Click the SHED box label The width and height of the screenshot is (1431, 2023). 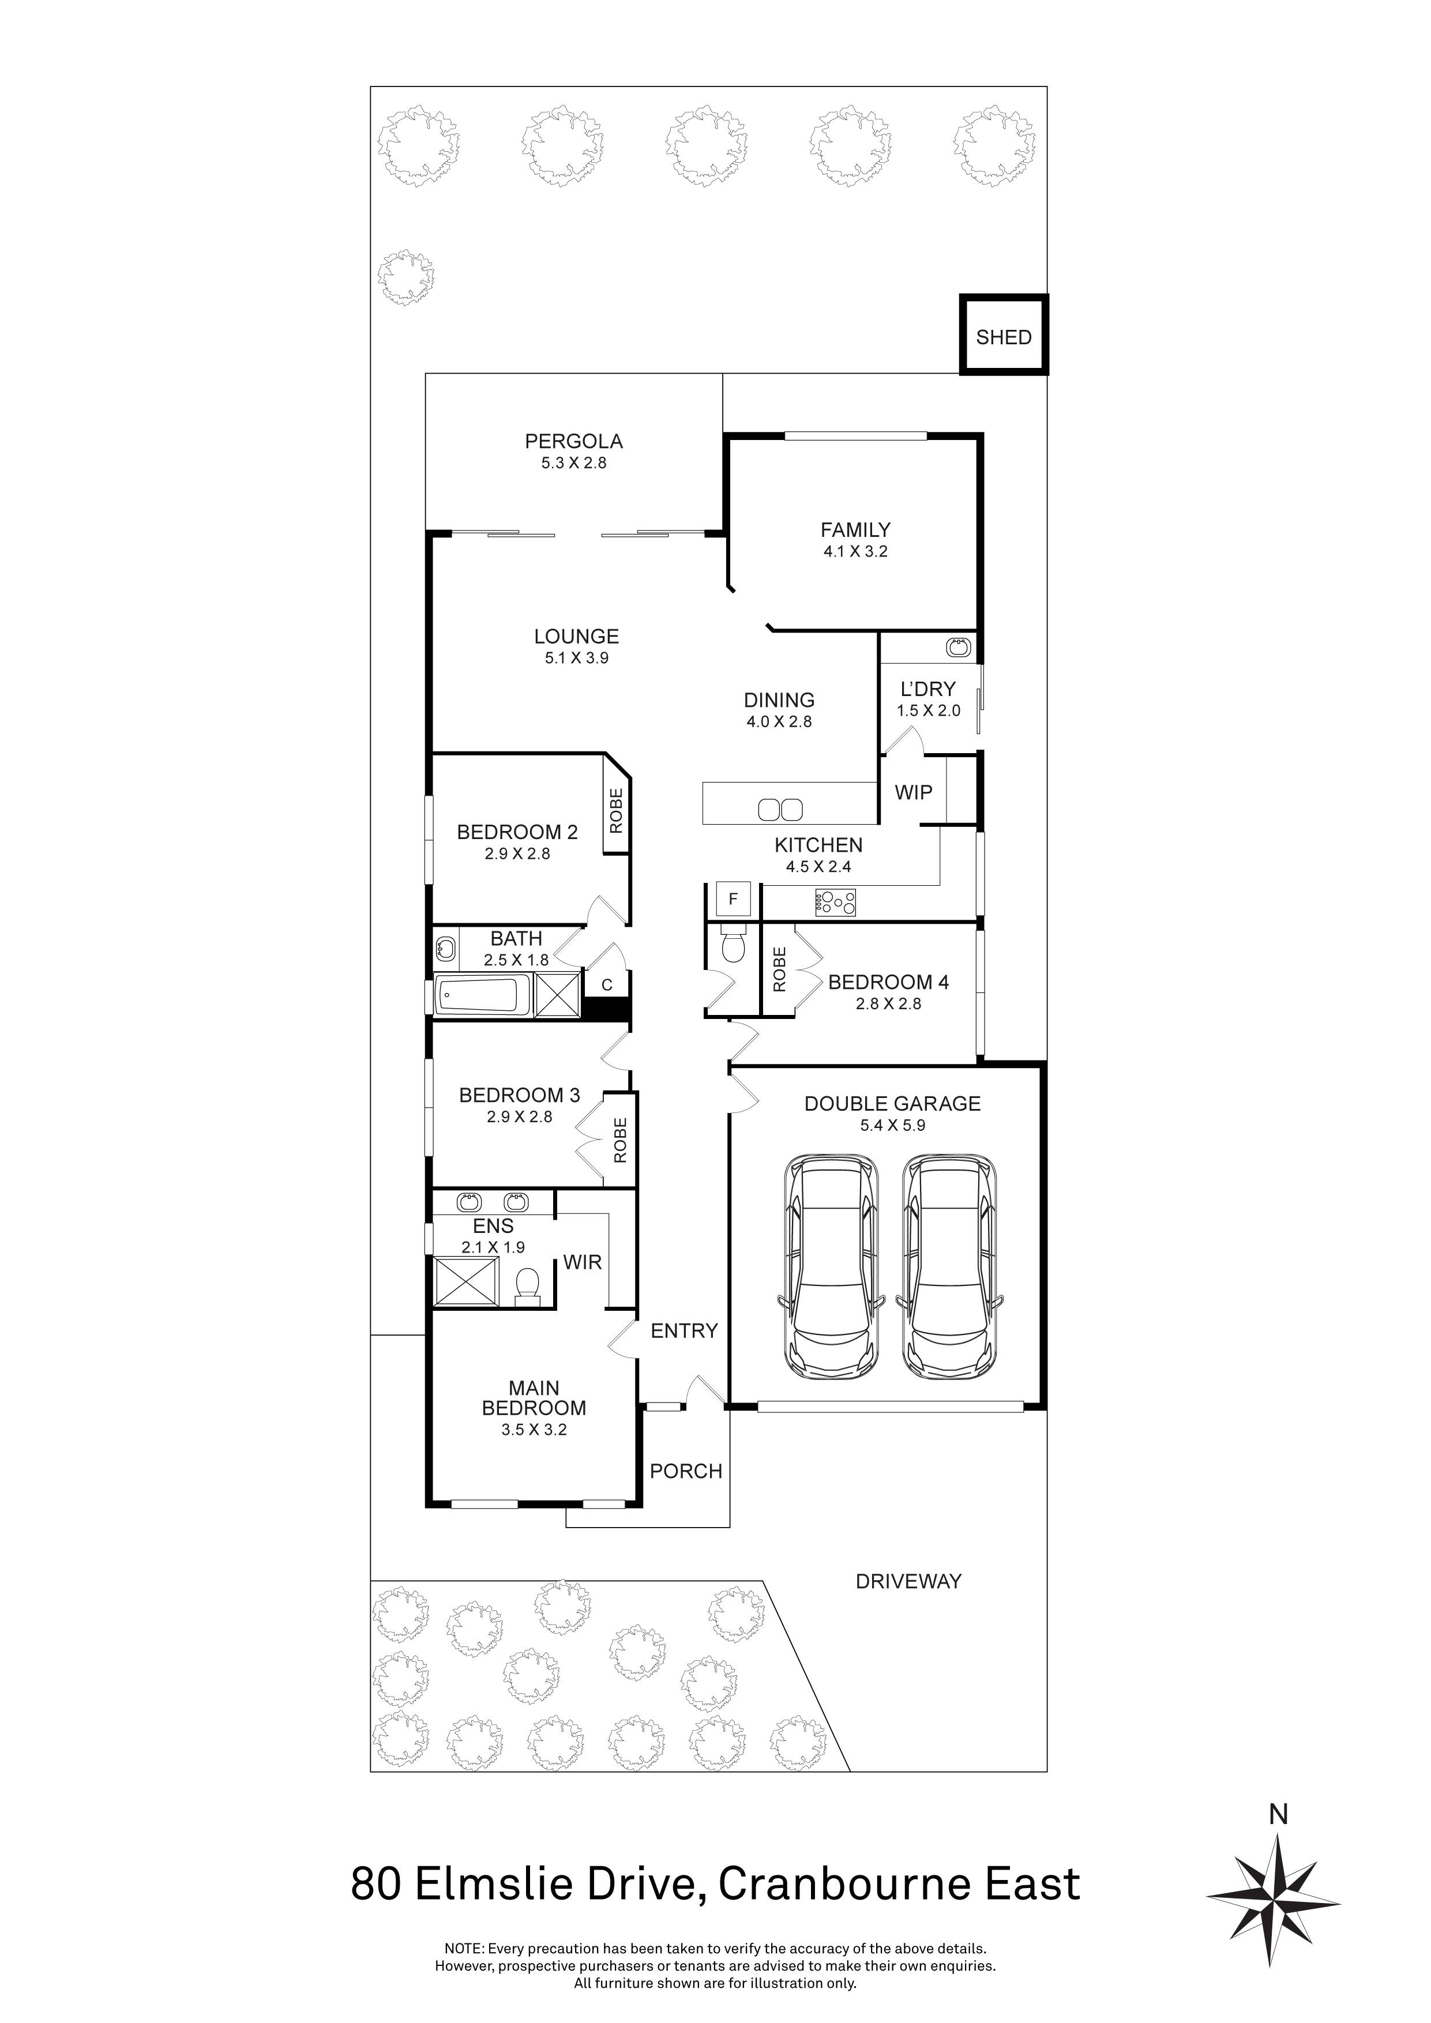(x=1003, y=337)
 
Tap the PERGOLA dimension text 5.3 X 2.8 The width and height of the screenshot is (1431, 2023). (x=574, y=462)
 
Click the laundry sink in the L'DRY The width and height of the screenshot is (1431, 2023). (x=959, y=648)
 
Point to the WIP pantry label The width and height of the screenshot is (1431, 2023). (x=913, y=792)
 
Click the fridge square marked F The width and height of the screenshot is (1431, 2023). (x=733, y=900)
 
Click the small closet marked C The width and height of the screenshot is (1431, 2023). (x=606, y=985)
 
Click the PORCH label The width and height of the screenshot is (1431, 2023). (x=686, y=1471)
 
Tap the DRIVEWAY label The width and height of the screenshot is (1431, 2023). (x=908, y=1581)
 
